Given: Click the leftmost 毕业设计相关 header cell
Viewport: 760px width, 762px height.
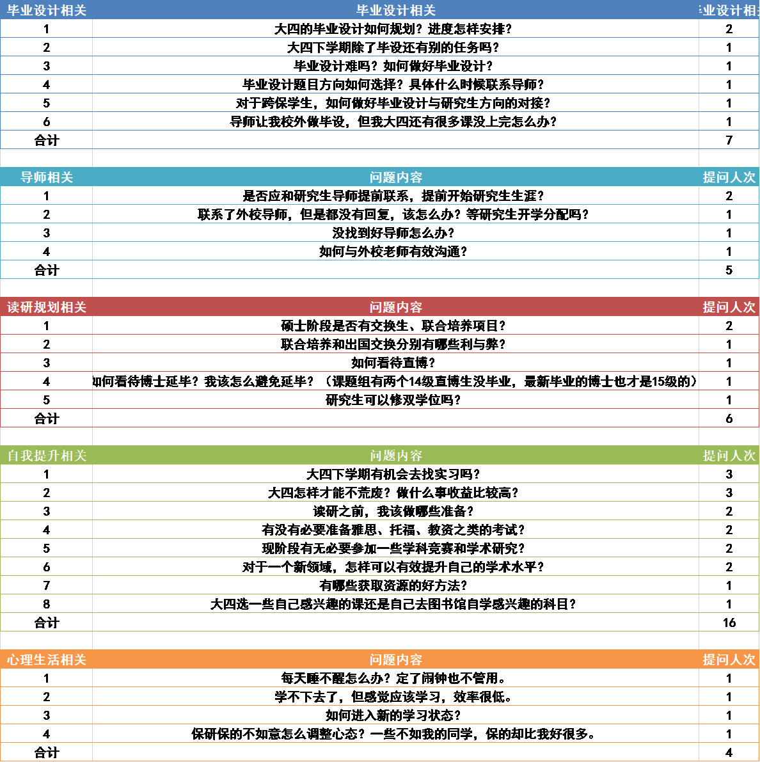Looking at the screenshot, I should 46,10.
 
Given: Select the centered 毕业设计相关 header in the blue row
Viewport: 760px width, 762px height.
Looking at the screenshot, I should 395,10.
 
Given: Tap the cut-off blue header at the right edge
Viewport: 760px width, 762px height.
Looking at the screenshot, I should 729,10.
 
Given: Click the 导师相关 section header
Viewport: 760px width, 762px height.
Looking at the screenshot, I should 46,177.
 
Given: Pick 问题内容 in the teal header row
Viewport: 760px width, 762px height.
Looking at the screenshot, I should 395,177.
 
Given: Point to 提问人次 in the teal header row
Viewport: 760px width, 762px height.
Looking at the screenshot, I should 729,177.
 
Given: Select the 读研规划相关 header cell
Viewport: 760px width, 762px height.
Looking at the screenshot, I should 46,307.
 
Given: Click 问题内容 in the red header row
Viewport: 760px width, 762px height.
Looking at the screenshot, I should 395,307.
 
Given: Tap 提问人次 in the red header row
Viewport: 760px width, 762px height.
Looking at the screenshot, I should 729,307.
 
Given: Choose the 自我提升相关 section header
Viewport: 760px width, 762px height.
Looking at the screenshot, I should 46,456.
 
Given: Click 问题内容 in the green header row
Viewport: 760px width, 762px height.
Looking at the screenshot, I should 395,456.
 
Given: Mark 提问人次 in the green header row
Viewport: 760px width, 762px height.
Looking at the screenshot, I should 729,456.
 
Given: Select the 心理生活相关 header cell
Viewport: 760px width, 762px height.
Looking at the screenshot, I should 46,660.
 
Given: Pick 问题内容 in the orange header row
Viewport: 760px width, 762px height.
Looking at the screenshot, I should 395,660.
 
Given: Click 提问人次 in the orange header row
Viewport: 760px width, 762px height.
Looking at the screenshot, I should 729,660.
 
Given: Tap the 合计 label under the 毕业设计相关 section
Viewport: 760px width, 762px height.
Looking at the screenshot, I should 46,139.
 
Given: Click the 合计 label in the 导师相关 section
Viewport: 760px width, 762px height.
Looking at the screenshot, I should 46,270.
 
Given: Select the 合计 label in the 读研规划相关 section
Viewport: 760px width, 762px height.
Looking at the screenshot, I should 46,418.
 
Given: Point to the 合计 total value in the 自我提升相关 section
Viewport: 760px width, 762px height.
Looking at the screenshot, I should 729,623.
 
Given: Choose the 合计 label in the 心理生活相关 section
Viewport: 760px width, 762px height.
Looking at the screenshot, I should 46,752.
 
